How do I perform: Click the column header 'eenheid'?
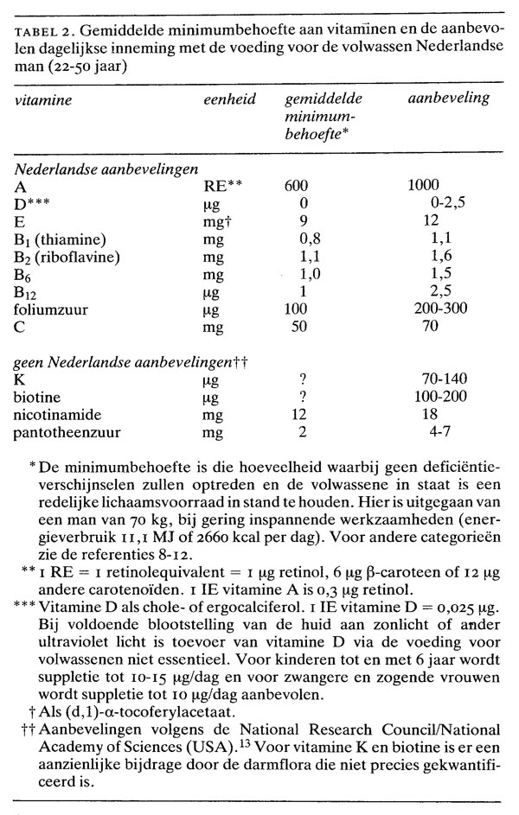point(228,99)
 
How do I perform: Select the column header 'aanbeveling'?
point(448,98)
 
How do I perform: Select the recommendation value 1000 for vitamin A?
point(424,184)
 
